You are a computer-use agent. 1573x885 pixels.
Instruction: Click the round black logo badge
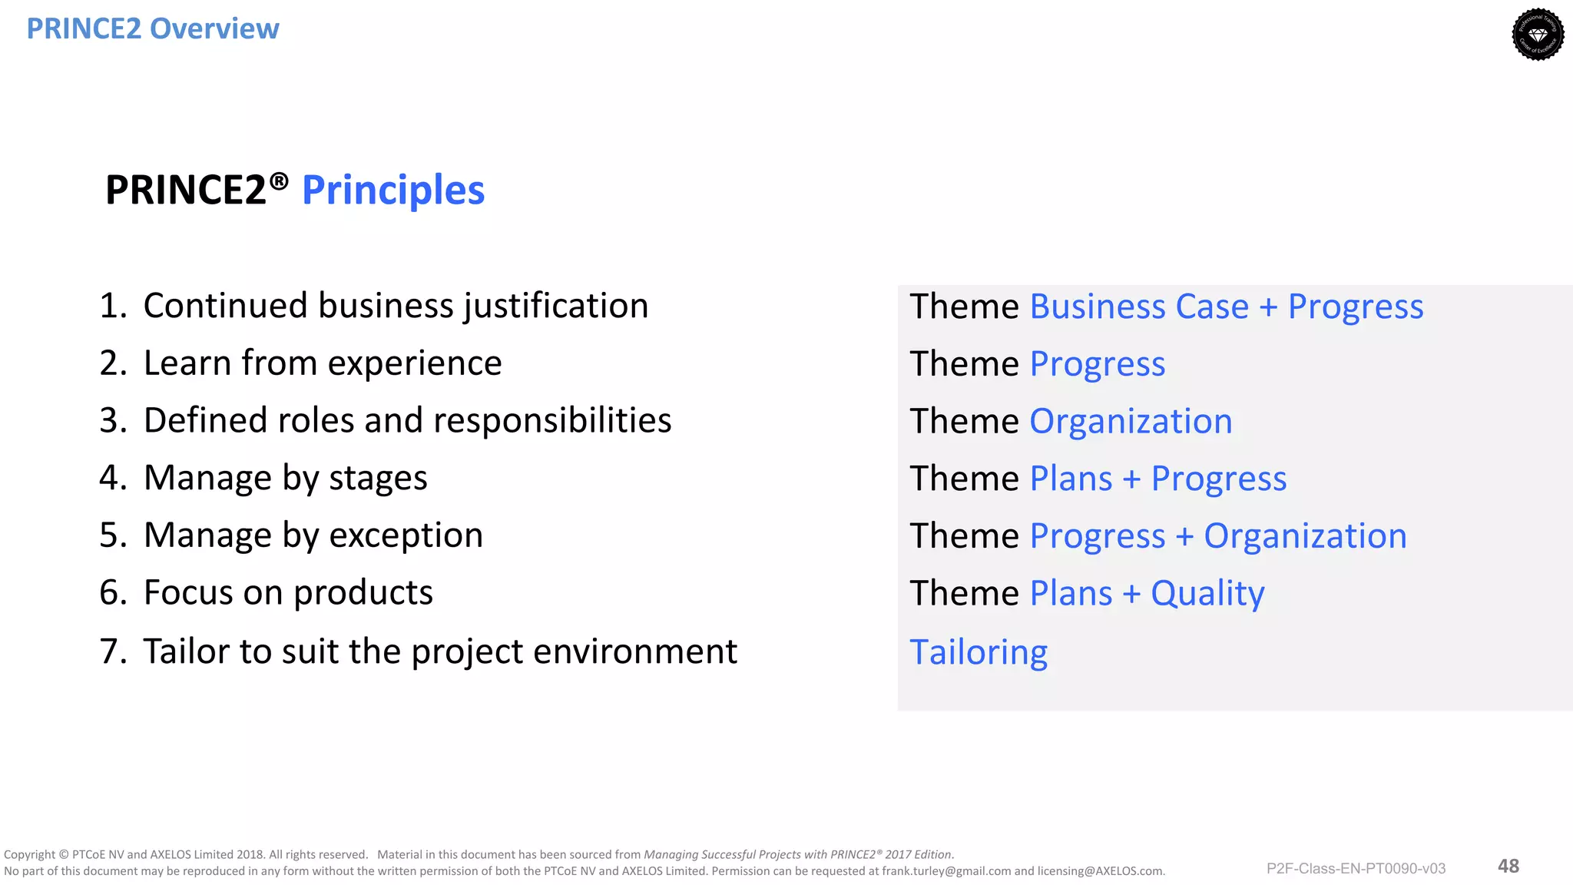[1538, 35]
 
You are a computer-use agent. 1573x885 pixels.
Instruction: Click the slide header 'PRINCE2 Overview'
[153, 28]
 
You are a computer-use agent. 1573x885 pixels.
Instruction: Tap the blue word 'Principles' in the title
[393, 190]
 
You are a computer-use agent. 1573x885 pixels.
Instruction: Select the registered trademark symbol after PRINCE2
[279, 181]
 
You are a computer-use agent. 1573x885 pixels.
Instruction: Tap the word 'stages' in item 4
[378, 478]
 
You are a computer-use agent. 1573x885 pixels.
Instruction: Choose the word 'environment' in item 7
[635, 651]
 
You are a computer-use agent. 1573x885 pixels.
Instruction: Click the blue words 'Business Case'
[1139, 307]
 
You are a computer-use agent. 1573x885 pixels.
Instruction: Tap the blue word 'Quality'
[1207, 593]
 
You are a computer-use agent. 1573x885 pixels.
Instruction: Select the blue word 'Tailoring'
[979, 652]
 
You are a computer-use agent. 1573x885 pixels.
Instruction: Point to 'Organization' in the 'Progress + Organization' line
[1305, 535]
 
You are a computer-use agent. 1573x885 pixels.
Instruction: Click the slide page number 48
[1508, 866]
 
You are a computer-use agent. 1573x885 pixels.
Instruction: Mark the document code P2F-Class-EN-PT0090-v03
[1356, 868]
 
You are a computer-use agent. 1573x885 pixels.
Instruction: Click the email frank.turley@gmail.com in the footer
[946, 871]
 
